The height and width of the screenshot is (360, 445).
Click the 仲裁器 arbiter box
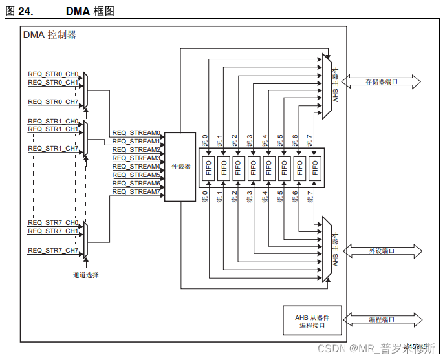coord(180,167)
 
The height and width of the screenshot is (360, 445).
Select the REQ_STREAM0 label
coord(136,133)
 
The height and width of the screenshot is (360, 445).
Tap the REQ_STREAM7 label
coord(136,192)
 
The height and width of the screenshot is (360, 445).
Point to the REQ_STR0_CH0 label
coord(53,74)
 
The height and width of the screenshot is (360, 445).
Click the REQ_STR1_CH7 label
coord(53,149)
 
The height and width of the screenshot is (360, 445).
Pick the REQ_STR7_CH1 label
coord(53,231)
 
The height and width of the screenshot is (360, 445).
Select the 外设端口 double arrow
coord(381,251)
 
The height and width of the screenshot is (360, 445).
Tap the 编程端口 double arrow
coord(381,319)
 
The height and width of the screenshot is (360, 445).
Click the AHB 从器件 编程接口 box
coord(312,320)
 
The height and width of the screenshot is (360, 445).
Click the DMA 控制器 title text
coord(50,35)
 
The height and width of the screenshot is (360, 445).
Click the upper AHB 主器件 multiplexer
coord(327,86)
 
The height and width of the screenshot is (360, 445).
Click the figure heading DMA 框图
coord(90,11)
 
